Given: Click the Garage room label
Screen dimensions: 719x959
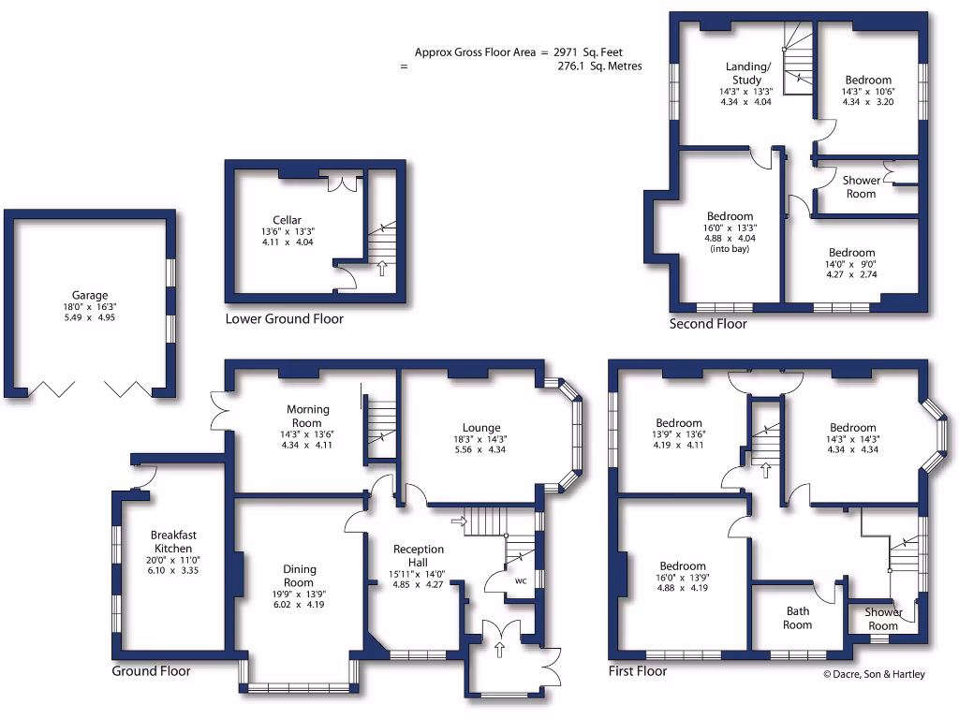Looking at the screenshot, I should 90,295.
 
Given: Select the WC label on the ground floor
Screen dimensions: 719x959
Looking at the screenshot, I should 521,580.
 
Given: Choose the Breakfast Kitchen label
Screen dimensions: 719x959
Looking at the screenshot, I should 173,542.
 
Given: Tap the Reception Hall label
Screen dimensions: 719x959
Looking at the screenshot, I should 419,555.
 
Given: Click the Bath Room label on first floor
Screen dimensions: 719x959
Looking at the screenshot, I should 797,619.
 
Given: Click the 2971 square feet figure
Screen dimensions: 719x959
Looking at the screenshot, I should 587,53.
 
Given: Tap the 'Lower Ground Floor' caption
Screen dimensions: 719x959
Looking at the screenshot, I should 284,319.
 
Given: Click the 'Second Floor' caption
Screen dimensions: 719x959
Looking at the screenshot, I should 708,324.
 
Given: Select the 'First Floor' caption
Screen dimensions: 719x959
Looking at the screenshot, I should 637,671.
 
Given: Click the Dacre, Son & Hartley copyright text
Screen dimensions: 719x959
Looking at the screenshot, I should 873,674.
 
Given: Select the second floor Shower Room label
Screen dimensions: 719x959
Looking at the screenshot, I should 861,187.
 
